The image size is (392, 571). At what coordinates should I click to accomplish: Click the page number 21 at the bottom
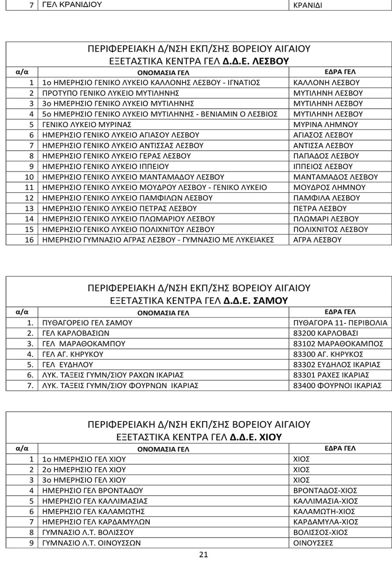point(203,555)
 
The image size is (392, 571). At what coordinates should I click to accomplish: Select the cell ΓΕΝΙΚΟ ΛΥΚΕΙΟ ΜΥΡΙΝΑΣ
point(86,124)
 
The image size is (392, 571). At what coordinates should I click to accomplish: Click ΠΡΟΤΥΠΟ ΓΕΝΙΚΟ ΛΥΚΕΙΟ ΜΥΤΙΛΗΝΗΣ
point(110,93)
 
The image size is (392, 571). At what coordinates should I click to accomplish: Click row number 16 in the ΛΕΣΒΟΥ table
point(29,240)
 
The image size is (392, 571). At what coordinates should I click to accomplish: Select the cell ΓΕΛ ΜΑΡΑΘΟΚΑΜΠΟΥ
point(84,344)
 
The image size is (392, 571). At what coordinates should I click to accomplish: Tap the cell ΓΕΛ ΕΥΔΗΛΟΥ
point(68,364)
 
